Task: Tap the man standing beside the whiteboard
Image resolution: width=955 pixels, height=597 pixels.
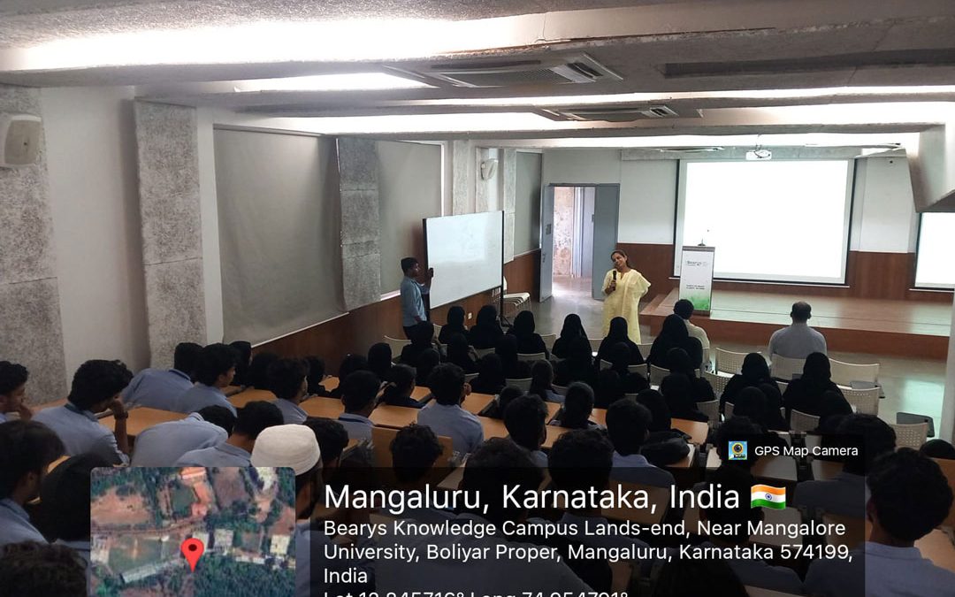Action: (413, 293)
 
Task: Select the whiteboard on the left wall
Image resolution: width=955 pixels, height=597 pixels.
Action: (463, 257)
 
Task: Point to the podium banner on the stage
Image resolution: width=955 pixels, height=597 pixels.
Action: (696, 278)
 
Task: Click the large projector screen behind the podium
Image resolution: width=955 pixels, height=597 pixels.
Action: (764, 220)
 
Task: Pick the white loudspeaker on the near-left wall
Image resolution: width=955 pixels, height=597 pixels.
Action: (19, 140)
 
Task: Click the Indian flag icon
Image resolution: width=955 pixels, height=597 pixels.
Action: (768, 496)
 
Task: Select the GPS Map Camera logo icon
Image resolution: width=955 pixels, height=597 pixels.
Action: (737, 450)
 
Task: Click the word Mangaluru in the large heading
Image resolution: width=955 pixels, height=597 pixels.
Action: (406, 497)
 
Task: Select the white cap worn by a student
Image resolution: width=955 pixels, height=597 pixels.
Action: (285, 448)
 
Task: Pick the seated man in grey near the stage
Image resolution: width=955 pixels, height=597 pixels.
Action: (798, 333)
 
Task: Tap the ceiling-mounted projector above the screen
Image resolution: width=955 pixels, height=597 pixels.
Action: (759, 154)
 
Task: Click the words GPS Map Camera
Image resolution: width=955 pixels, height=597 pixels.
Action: (805, 450)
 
